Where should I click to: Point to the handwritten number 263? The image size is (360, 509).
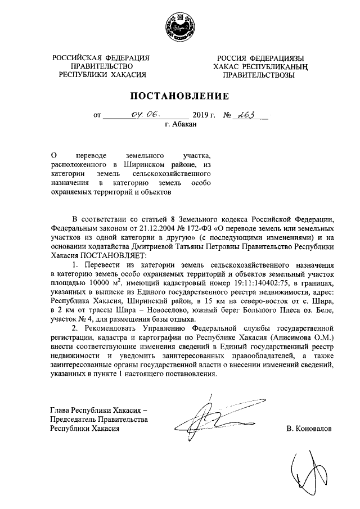245,115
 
